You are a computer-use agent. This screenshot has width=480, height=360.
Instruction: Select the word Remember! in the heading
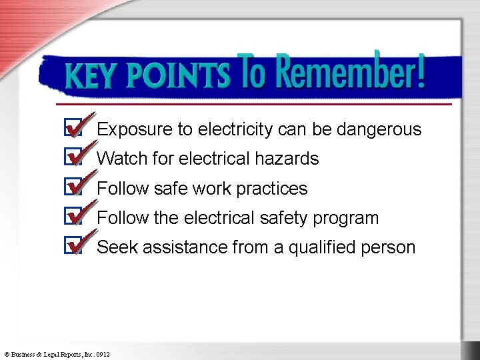pyautogui.click(x=349, y=73)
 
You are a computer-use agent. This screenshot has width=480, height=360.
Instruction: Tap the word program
pyautogui.click(x=347, y=219)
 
